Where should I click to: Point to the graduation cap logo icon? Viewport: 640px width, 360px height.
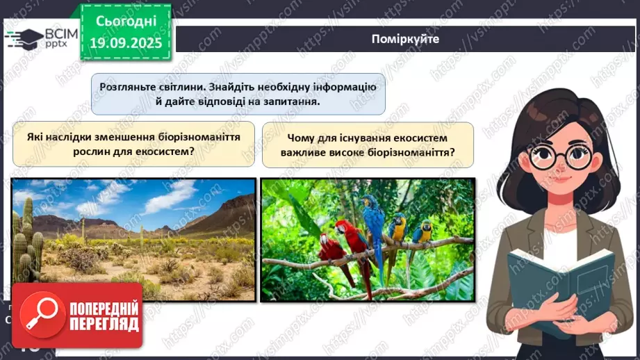[22, 38]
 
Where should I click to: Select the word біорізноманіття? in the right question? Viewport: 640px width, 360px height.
[409, 152]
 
